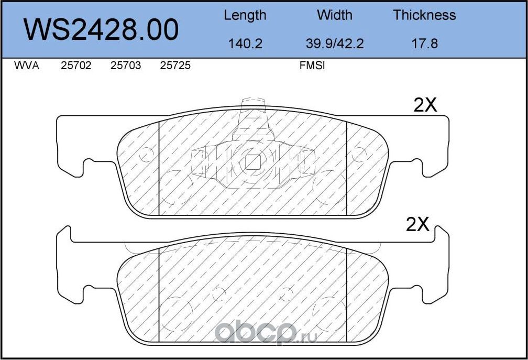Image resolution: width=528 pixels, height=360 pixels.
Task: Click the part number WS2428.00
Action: tap(101, 30)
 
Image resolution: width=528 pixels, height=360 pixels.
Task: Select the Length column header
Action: tap(245, 16)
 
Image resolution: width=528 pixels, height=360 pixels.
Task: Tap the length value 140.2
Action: tap(245, 43)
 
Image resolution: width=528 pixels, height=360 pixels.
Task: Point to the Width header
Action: tap(334, 15)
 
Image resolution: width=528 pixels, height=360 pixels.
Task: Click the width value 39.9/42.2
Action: tap(335, 43)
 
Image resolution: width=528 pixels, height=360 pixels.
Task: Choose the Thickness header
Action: tap(424, 15)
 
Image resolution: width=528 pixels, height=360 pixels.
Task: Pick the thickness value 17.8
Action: tap(425, 43)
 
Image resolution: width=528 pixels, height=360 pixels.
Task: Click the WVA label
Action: tap(27, 66)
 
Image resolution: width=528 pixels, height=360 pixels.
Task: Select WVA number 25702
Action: tap(76, 66)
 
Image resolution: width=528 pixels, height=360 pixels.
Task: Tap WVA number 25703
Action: tap(126, 66)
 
